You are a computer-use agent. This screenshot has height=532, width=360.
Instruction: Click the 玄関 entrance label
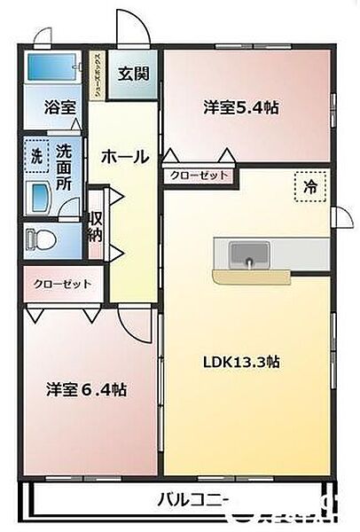[133, 72]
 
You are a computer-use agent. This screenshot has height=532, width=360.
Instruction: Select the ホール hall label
[124, 157]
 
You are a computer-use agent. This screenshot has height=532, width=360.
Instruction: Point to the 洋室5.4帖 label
[241, 108]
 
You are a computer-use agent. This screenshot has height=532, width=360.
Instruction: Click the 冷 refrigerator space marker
[309, 187]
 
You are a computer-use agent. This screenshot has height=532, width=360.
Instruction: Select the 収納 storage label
[96, 226]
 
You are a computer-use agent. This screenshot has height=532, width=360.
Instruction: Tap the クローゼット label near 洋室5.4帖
[200, 176]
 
